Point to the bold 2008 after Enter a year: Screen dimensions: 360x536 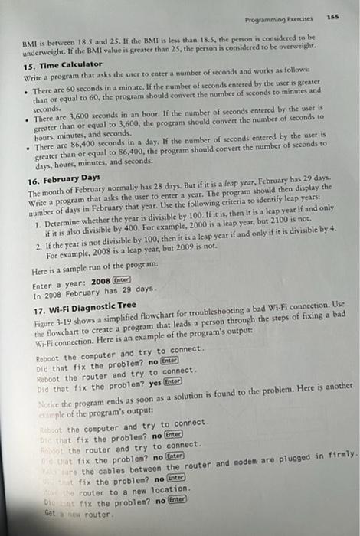102,281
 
